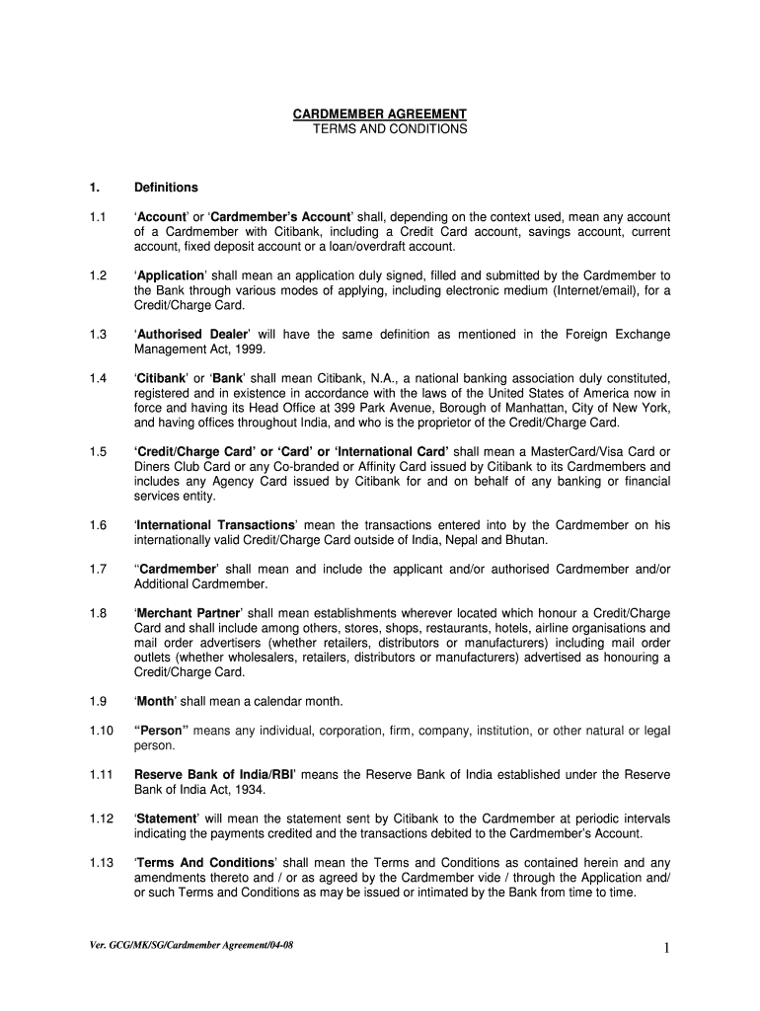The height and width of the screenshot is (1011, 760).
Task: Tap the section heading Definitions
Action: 166,188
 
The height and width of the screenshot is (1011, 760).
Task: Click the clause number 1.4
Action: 97,378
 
